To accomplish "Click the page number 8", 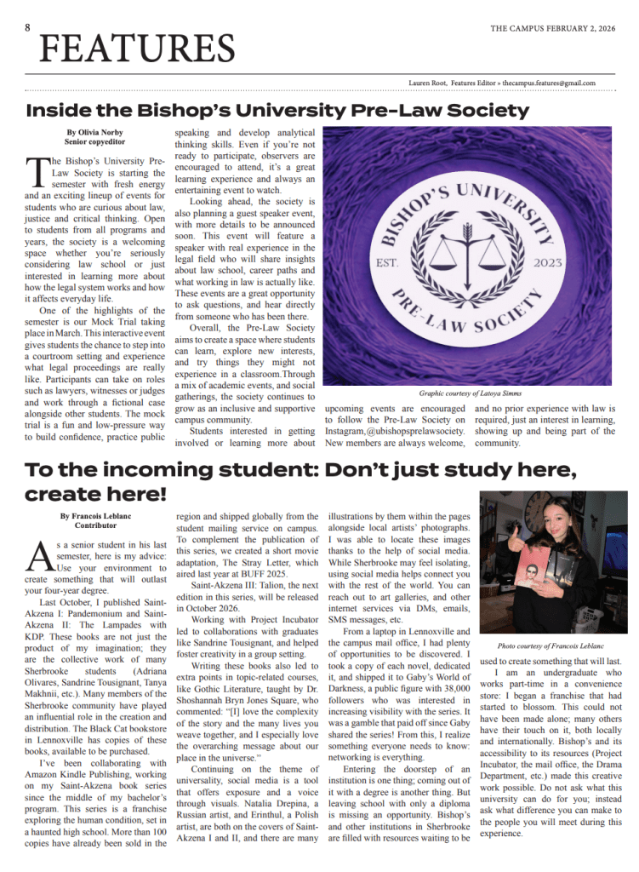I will tap(28, 27).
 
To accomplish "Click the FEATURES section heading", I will tap(137, 49).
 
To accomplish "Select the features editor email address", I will tap(549, 83).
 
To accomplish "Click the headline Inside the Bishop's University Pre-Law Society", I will tap(277, 110).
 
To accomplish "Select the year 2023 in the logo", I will tap(543, 263).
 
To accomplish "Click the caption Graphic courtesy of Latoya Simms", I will tap(470, 393).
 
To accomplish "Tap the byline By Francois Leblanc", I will tap(96, 516).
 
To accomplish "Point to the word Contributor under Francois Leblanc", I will tap(96, 526).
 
